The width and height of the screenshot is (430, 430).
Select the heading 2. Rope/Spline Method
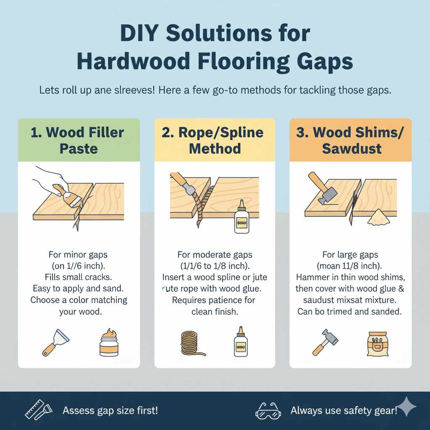pos(215,140)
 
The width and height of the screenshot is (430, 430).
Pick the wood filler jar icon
pos(109,341)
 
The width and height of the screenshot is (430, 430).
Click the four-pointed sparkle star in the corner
pos(406,406)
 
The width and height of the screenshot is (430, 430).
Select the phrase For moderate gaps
pos(214,254)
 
